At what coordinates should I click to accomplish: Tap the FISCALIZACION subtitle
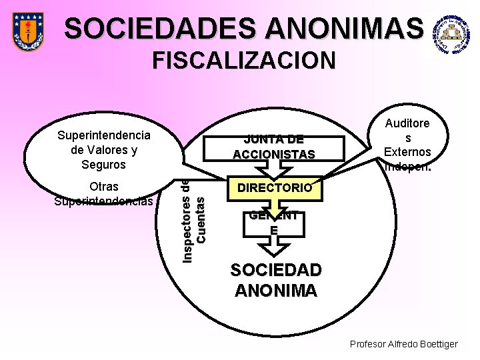(x=244, y=61)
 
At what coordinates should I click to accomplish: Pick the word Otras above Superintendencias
(x=104, y=187)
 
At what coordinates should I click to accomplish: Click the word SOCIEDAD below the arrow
(x=275, y=271)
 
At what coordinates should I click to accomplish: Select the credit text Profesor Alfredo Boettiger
(x=403, y=344)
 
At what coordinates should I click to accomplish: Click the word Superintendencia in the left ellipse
(x=104, y=135)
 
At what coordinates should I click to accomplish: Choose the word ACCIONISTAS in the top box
(x=273, y=155)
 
